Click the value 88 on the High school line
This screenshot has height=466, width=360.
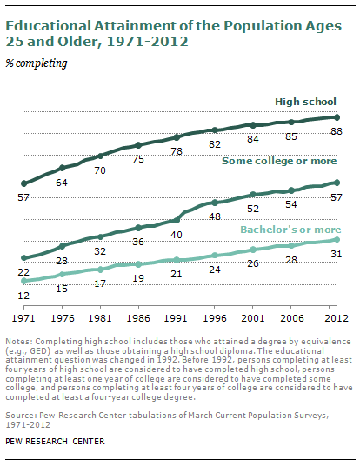coord(334,131)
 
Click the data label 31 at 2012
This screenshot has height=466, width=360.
coord(334,254)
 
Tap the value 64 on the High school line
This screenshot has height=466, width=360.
coord(62,182)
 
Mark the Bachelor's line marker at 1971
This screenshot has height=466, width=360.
coord(24,282)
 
